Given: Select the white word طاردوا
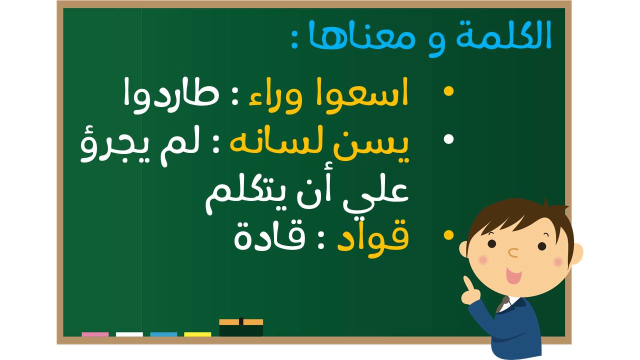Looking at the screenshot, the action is (171, 95).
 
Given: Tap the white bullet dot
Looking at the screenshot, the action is (448, 139).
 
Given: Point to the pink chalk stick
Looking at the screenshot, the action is (95, 334).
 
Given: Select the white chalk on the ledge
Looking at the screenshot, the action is (129, 334).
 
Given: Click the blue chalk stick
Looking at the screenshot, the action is (163, 334).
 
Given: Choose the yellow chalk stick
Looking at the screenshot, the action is (197, 334).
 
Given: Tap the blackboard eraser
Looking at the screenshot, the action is (241, 327).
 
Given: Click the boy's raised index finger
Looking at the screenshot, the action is (467, 283).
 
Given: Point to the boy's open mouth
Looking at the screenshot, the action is (513, 275).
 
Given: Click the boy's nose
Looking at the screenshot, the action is (513, 252).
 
